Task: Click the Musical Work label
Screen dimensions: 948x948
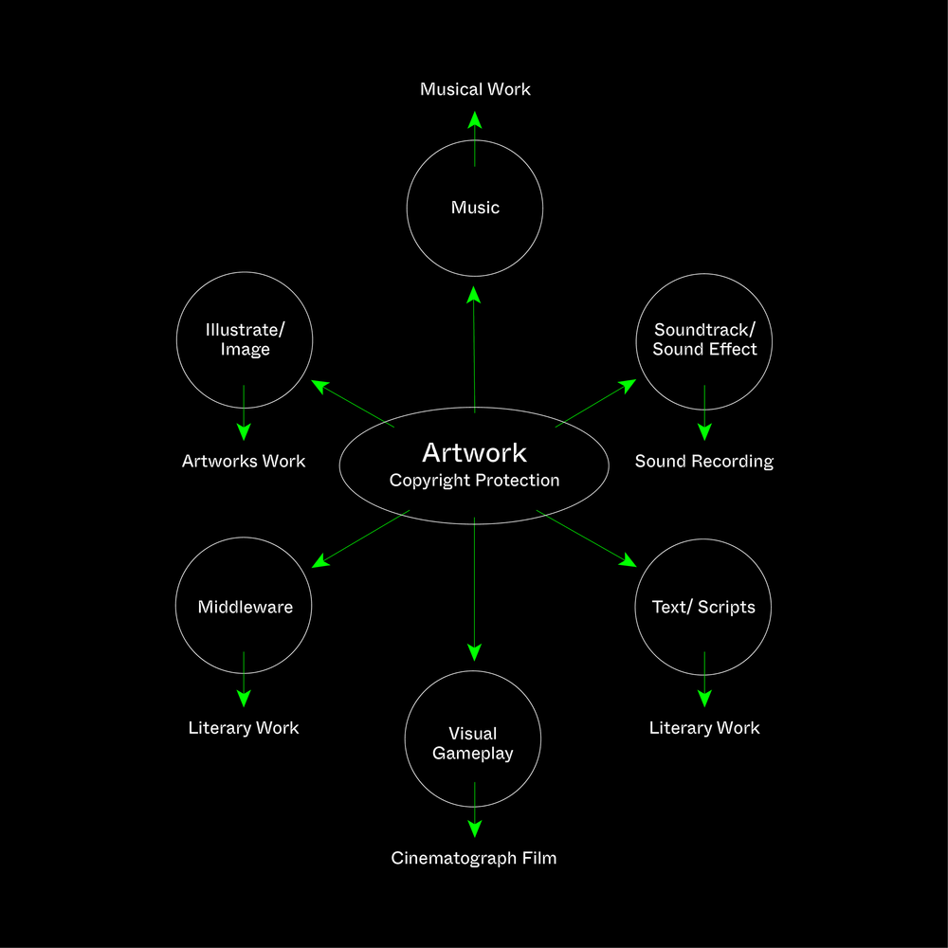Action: click(475, 89)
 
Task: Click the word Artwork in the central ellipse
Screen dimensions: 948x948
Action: click(474, 452)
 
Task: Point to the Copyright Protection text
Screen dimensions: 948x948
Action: click(474, 481)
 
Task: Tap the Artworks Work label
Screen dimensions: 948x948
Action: click(244, 462)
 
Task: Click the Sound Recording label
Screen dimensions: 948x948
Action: click(704, 462)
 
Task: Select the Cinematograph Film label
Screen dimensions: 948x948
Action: click(474, 858)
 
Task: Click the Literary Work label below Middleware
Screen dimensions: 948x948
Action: click(244, 728)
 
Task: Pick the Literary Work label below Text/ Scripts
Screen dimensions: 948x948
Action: click(704, 728)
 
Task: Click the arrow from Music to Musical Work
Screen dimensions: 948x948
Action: click(475, 138)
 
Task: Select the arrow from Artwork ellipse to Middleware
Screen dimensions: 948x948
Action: click(361, 538)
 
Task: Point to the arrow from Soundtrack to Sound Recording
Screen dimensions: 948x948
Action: click(704, 412)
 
